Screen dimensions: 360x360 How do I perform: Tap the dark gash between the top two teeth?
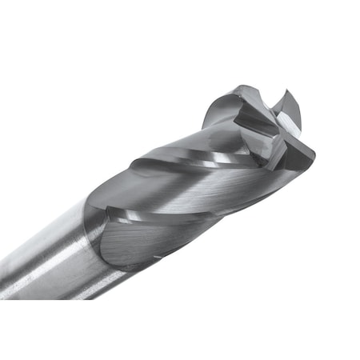coord(268,100)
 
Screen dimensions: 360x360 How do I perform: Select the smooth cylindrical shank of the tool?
coord(48,256)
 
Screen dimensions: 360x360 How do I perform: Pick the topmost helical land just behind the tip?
coord(216,120)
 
